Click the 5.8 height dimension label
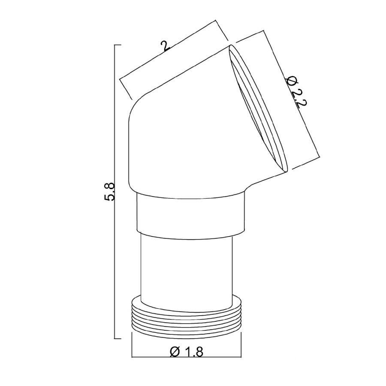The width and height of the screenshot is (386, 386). (x=109, y=192)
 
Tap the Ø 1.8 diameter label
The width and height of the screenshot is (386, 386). (x=187, y=352)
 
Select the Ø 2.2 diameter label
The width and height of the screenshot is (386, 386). (x=296, y=92)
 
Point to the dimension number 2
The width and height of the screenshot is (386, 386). (x=165, y=46)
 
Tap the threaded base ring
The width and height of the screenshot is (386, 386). (x=187, y=317)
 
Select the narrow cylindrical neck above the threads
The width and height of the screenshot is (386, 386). (x=187, y=271)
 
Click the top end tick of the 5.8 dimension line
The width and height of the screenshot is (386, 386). (x=118, y=45)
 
